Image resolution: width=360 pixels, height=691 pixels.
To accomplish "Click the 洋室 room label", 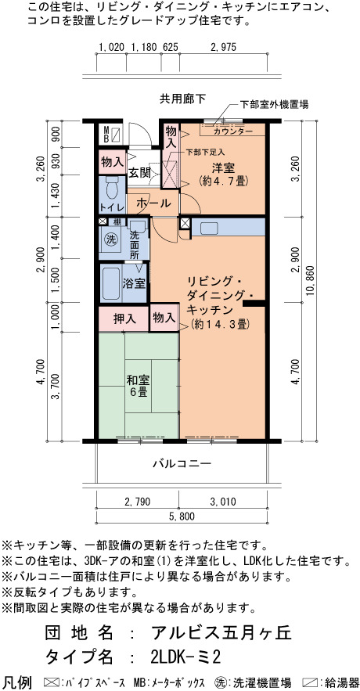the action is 223,168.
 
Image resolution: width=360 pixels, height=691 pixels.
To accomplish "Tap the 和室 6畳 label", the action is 137,385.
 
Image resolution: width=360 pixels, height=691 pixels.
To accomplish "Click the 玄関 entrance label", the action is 139,173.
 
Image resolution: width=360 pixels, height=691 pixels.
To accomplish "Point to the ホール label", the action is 153,203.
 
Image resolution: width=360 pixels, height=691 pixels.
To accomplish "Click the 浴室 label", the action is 134,283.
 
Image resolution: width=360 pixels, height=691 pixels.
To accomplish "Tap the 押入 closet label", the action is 124,319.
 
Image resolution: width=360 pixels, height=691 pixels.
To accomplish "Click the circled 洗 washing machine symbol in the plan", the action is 111,239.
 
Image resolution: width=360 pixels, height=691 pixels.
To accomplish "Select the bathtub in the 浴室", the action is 110,283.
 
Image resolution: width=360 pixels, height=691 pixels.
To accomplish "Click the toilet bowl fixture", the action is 112,188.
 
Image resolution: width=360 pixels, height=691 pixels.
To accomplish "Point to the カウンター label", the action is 232,131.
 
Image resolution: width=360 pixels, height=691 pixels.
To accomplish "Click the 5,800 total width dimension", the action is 181,516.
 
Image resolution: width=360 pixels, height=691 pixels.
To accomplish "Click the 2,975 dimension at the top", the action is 223,47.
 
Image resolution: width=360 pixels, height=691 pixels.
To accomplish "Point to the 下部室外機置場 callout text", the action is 274,105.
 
